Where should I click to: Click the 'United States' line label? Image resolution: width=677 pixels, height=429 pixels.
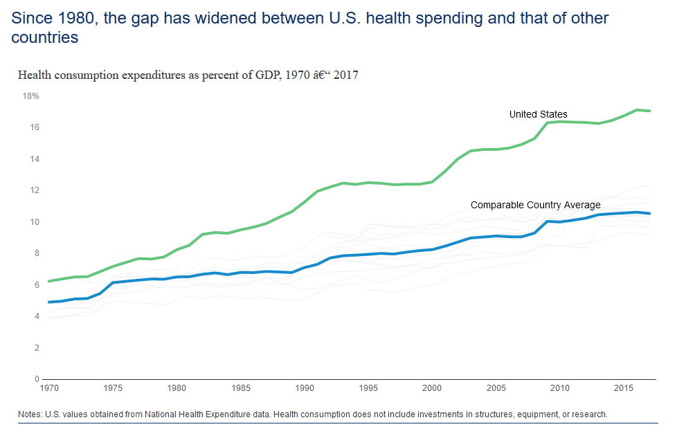pos(538,114)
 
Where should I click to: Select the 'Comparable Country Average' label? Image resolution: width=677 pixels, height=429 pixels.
pos(536,205)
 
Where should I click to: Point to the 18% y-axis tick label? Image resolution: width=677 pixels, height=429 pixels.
pos(31,95)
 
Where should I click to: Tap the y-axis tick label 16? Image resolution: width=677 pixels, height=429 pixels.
pos(33,127)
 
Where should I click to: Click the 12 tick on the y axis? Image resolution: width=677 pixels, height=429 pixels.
pos(33,190)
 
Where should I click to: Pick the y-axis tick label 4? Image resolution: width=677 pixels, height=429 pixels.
pos(36,316)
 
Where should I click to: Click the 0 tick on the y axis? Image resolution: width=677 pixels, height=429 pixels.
pos(36,379)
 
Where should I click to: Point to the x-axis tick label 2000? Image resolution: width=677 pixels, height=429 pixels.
pos(432,388)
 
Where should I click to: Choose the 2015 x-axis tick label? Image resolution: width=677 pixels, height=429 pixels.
pos(624,388)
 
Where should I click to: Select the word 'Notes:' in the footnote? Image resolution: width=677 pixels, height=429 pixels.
pos(30,414)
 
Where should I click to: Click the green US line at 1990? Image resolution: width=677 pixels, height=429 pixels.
pos(304,201)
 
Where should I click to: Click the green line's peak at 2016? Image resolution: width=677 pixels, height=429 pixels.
pos(637,110)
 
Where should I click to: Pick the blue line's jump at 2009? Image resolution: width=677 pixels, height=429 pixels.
pos(548,221)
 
